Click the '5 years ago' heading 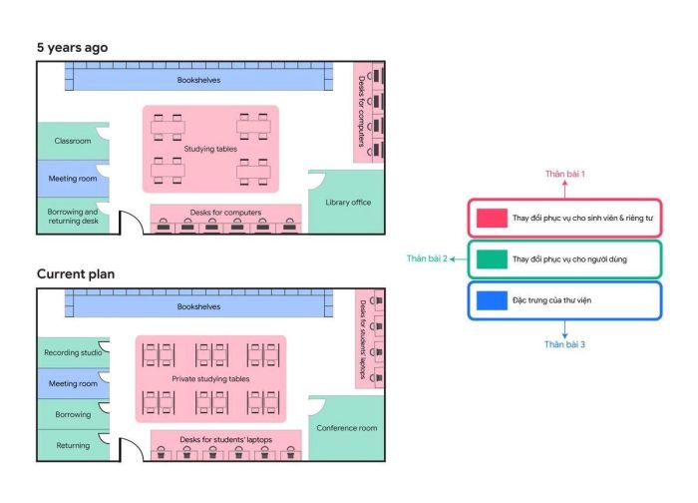[72, 48]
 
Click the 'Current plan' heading [76, 273]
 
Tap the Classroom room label [73, 141]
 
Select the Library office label [348, 203]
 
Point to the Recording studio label [73, 353]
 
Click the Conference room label [347, 428]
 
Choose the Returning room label [73, 445]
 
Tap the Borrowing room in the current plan [73, 414]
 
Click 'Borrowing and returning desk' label [73, 217]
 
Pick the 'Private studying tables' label [210, 379]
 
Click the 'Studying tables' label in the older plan [210, 149]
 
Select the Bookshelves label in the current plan [198, 307]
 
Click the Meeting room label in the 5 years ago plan [73, 179]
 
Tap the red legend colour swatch [492, 218]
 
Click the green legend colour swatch [492, 259]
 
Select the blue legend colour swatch [492, 300]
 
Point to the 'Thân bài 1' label [565, 174]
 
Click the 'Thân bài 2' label [427, 258]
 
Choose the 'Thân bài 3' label [564, 344]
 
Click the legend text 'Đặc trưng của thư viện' [552, 300]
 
